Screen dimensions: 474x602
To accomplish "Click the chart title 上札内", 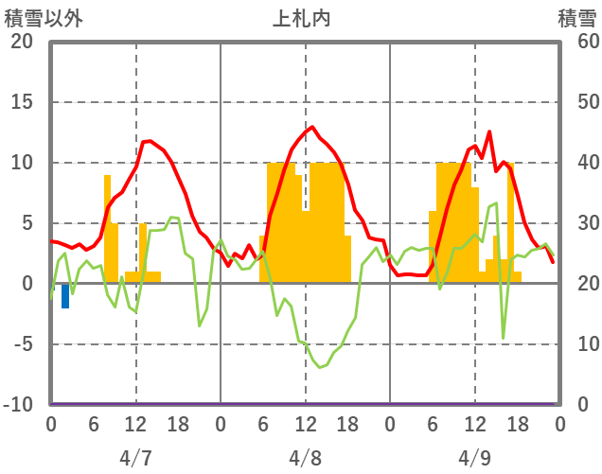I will point(302,18).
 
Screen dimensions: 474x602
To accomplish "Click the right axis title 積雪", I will point(576,18).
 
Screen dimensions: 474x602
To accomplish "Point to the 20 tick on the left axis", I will point(22,42).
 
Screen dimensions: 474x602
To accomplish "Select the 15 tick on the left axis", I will point(22,102).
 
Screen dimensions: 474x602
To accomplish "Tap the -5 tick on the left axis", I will point(22,344).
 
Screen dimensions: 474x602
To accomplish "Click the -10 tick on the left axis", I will point(19,405).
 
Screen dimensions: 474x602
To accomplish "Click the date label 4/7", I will point(135,458).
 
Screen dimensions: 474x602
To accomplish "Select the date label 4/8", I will point(305,458).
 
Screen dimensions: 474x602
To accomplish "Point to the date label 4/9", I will point(474,458).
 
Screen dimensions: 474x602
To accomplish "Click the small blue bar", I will point(65,296).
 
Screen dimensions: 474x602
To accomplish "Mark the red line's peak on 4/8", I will point(312,127).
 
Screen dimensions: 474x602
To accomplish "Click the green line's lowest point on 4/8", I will point(320,366).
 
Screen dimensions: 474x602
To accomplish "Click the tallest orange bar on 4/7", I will point(107,227).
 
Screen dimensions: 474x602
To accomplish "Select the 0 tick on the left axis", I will point(26,284).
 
